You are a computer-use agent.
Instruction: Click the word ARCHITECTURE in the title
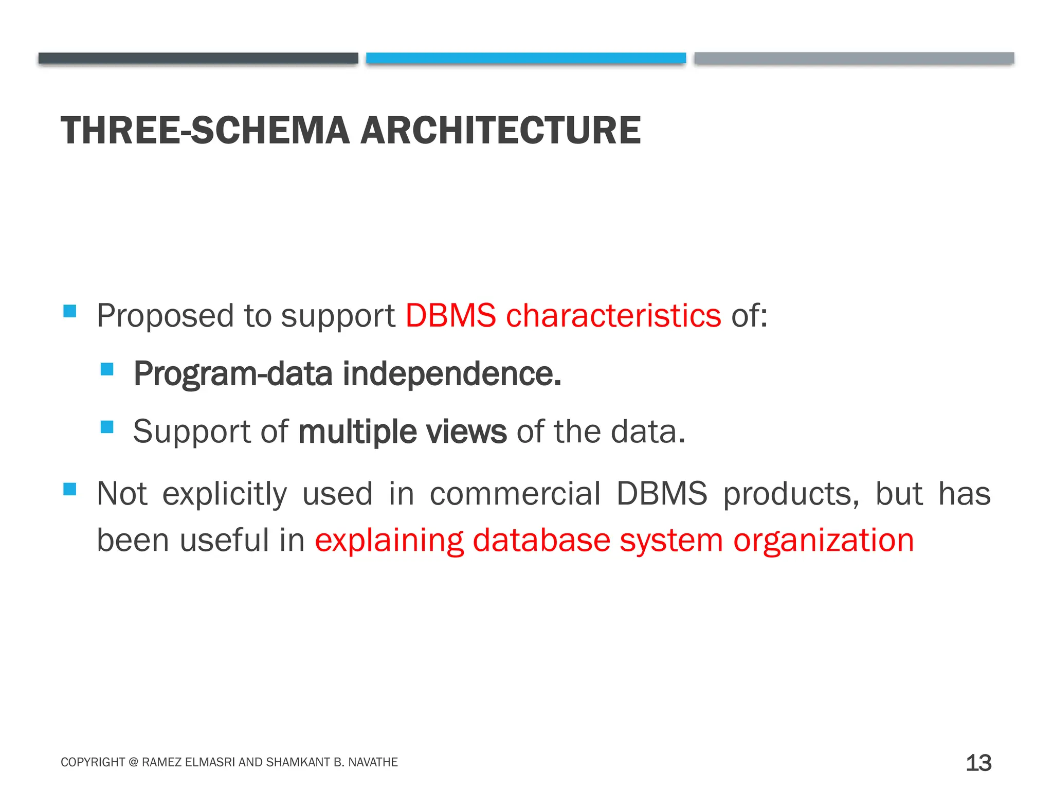[500, 131]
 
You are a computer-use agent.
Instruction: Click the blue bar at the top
[526, 58]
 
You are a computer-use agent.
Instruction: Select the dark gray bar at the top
[198, 58]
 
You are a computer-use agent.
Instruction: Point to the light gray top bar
[854, 58]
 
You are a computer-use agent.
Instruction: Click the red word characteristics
[613, 315]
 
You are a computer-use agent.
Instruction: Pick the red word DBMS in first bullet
[450, 315]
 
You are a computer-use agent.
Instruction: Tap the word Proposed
[165, 316]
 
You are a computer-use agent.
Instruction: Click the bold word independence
[452, 374]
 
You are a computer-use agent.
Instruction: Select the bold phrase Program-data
[233, 375]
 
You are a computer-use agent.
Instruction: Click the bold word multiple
[357, 432]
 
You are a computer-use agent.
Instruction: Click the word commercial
[515, 494]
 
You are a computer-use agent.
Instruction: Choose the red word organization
[823, 541]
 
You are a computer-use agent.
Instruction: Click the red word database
[541, 541]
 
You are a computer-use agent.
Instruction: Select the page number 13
[978, 763]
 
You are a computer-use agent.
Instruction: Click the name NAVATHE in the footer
[373, 762]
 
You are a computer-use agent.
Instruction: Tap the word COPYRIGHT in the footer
[93, 762]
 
